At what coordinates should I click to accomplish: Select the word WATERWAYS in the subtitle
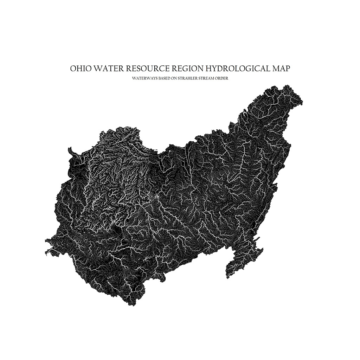click(x=142, y=78)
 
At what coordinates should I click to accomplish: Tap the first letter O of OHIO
click(x=73, y=68)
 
